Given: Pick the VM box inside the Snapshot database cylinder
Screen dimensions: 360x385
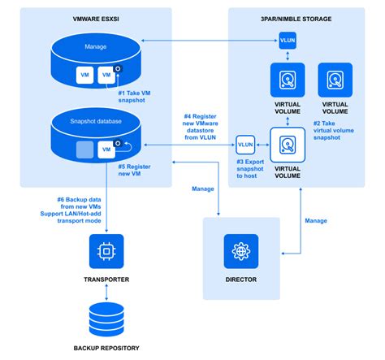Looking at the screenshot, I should [104, 150].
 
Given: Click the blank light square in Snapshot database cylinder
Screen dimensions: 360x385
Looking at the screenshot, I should [82, 150].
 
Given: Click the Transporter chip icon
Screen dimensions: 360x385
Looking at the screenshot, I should [106, 251].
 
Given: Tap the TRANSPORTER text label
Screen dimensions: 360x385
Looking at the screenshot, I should [106, 280].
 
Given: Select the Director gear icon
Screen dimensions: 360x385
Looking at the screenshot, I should [240, 251].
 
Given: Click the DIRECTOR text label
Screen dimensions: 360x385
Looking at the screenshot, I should [240, 280].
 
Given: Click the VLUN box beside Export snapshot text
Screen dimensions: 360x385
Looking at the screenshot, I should [246, 145].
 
